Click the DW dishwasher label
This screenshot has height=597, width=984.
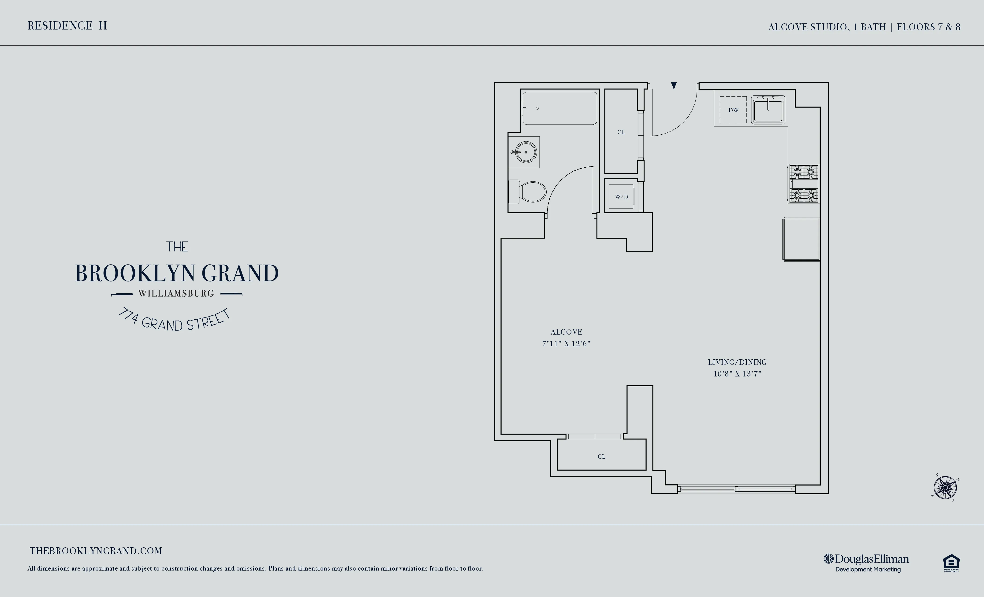(733, 110)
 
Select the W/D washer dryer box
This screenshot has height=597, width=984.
(621, 197)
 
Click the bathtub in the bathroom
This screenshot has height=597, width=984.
(559, 108)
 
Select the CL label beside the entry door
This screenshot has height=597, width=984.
(621, 132)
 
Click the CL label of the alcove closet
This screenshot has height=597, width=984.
(601, 457)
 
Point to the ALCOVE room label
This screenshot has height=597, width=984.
(566, 332)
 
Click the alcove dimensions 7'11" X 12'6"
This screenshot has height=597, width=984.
(566, 344)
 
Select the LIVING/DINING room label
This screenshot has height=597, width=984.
(737, 362)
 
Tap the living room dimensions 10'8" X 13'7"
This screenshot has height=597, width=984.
(737, 374)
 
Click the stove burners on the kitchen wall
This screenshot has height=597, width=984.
(804, 184)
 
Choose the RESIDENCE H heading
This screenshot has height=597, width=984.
(67, 26)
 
